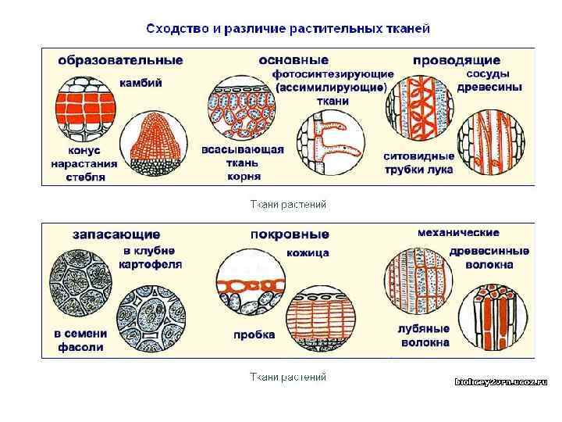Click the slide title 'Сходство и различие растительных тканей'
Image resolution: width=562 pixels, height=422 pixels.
tap(288, 29)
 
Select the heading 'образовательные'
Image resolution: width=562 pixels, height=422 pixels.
tap(119, 60)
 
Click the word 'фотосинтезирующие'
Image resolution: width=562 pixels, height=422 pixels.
tap(333, 73)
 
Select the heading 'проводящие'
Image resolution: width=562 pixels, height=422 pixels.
tap(457, 60)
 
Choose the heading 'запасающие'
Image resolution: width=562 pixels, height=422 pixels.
tap(116, 234)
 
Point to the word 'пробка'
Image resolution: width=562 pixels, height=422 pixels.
tap(254, 334)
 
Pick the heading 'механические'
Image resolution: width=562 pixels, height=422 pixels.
tap(459, 233)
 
